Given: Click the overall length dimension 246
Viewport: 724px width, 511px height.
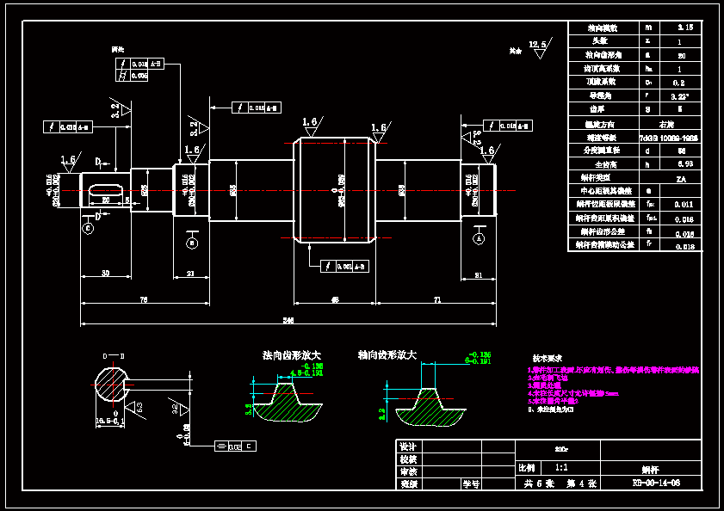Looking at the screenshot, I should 288,321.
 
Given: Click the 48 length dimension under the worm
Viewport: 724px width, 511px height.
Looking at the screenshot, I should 335,299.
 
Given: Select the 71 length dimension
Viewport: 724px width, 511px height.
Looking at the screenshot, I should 437,299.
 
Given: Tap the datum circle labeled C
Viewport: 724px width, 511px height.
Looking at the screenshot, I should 87,228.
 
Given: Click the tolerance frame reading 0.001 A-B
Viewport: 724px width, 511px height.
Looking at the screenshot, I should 344,266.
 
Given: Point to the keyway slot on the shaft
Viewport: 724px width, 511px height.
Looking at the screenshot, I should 105,189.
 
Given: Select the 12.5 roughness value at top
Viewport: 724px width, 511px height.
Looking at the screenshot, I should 538,43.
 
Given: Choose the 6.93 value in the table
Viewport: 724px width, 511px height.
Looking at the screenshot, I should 685,163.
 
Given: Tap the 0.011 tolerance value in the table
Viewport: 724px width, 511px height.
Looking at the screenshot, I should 685,204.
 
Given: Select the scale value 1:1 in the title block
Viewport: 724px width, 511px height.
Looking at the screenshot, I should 561,468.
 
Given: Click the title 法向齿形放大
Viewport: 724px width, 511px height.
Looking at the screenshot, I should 292,354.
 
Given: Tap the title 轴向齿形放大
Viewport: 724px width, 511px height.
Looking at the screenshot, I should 387,354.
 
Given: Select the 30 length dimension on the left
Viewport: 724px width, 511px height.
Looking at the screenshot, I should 105,274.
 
